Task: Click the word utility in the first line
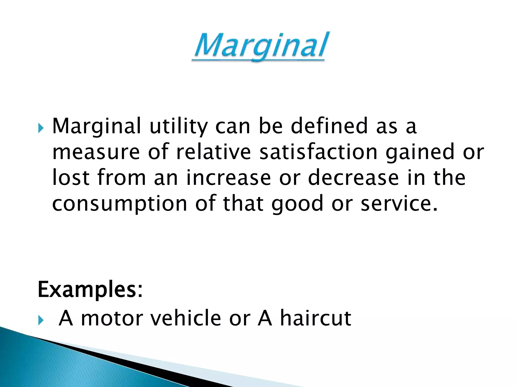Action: click(179, 126)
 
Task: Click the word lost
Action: click(71, 177)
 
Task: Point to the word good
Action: click(297, 204)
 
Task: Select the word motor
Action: click(112, 318)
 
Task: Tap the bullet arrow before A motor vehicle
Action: click(41, 321)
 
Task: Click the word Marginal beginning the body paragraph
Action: click(96, 126)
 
